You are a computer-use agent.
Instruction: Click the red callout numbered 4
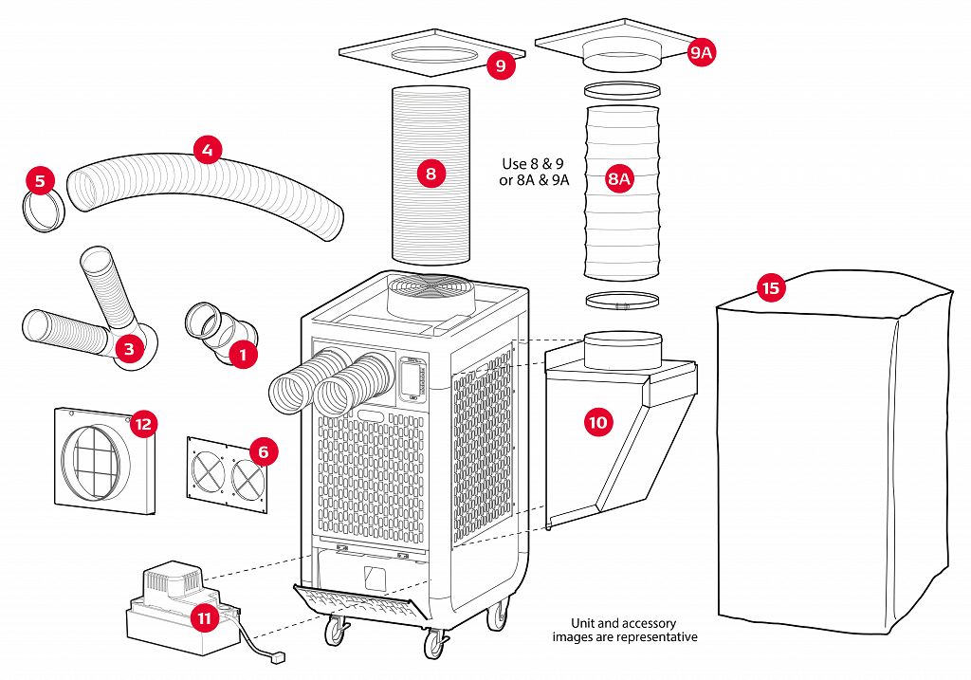pos(207,149)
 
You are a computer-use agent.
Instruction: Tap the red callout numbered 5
pos(39,178)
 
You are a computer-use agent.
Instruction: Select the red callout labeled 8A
pos(619,178)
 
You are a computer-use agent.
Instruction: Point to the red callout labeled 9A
pos(701,53)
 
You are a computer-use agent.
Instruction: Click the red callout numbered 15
pos(772,286)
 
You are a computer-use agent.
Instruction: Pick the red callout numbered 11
pos(204,617)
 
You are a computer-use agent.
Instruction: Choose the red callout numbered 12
pos(142,424)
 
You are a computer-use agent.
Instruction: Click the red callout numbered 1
pos(244,355)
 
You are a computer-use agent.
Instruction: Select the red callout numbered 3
pos(129,349)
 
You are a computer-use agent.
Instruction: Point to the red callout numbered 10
pos(597,422)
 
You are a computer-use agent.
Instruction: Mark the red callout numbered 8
pos(431,174)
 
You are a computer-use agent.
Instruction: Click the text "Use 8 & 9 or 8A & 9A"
pos(534,172)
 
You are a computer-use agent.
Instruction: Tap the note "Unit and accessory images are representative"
pos(624,630)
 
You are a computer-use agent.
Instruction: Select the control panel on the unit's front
pos(412,378)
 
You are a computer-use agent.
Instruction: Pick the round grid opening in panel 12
pos(93,461)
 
